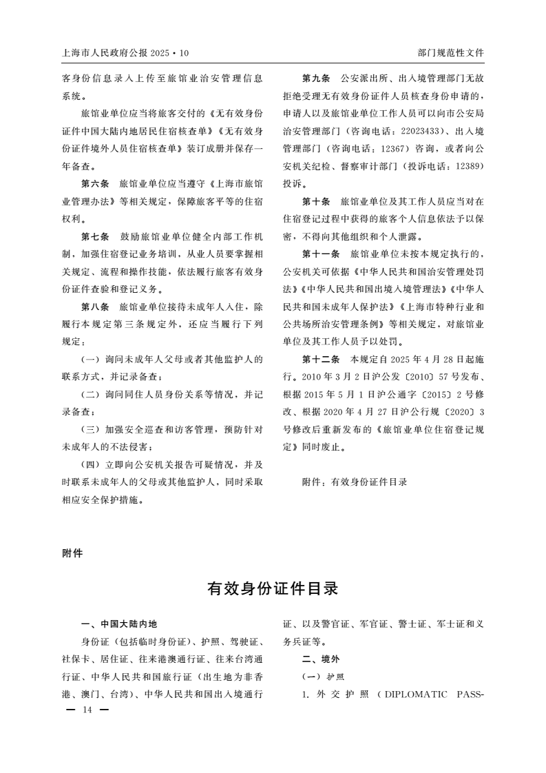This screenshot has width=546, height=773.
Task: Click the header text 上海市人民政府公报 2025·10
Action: coord(125,52)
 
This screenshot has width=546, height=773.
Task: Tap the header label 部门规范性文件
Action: coord(450,52)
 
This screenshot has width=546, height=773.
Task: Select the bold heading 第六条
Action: coord(95,185)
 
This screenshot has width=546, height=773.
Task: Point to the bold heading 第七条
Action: coord(95,236)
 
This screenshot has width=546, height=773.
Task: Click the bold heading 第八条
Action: coord(95,305)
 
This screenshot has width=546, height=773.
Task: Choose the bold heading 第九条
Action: coord(316,79)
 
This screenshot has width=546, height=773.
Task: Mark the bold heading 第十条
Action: coord(316,202)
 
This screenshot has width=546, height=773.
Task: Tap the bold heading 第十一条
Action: coord(321,254)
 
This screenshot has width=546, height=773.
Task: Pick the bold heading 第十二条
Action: coord(321,360)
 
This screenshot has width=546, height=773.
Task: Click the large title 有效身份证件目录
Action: coord(273,589)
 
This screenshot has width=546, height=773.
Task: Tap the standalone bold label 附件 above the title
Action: coord(72,553)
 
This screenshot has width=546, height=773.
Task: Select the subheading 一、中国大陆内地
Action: coord(119,625)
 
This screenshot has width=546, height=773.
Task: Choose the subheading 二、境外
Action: coord(321,659)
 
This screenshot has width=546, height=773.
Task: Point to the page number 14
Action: coord(87,710)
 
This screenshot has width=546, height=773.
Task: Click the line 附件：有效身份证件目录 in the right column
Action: coord(355,482)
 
